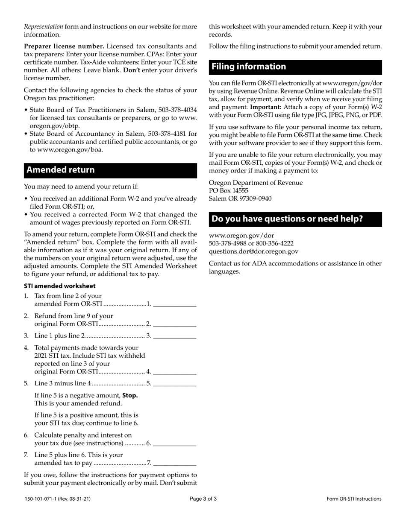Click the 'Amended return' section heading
click(x=61, y=170)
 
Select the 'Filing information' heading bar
click(x=249, y=67)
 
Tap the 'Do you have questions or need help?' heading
click(x=288, y=219)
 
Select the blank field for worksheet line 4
click(x=174, y=371)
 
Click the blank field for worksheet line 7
click(x=174, y=462)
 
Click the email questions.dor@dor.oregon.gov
click(x=253, y=251)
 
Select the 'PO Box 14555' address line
click(x=228, y=190)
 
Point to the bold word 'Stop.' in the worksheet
click(x=130, y=395)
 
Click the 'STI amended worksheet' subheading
click(x=59, y=286)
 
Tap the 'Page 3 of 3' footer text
click(x=203, y=499)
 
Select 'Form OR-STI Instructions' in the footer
click(x=354, y=499)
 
